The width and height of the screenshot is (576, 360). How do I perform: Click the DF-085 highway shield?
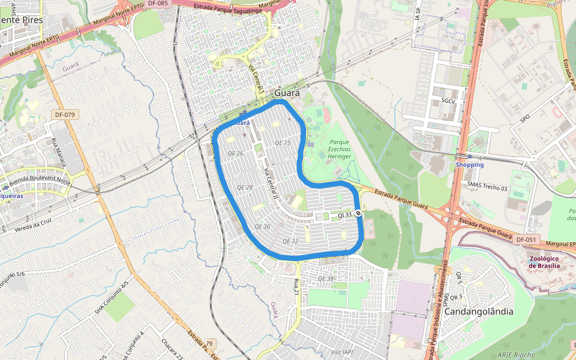tap(158, 4)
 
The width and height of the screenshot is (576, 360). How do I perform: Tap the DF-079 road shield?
tap(64, 114)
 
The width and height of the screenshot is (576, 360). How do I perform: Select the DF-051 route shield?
tap(526, 239)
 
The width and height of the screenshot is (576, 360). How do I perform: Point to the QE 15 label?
tap(282, 143)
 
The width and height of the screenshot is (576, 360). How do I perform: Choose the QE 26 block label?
tap(236, 153)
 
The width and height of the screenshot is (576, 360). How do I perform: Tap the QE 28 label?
tap(245, 188)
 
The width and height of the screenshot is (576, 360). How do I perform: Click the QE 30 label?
tap(262, 226)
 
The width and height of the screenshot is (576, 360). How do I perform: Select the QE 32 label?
tap(290, 241)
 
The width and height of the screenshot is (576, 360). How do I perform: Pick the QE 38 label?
tap(325, 278)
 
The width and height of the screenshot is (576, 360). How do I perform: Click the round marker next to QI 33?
tap(358, 214)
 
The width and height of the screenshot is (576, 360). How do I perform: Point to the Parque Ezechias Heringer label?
tap(339, 149)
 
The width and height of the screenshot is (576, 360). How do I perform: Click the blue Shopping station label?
tap(469, 164)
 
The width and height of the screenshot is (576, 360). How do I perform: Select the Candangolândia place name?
tap(479, 311)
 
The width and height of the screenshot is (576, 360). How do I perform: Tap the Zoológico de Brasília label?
tap(545, 262)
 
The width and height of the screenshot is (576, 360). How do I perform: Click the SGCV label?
tap(448, 101)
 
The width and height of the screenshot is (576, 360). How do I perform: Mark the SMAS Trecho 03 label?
tap(487, 188)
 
